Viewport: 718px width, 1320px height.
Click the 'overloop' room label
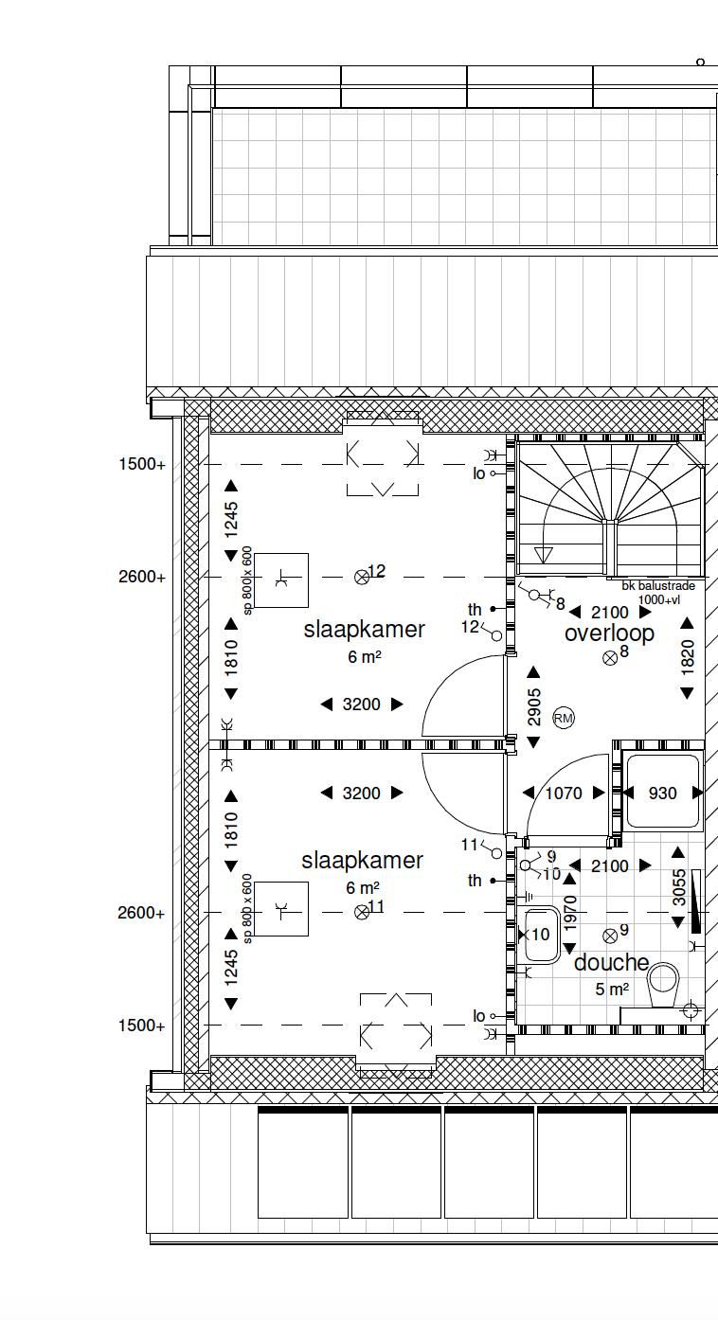[609, 633]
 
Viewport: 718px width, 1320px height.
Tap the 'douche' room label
[611, 962]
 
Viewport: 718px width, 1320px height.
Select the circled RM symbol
[564, 719]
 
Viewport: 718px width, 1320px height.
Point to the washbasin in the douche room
[542, 935]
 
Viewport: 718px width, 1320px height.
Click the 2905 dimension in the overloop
[534, 707]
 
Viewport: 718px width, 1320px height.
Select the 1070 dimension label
[564, 794]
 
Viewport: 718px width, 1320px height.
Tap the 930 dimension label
[663, 794]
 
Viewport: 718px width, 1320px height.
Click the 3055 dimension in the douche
[679, 887]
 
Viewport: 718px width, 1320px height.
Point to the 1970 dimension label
[570, 914]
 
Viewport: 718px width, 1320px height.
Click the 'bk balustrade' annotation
[658, 586]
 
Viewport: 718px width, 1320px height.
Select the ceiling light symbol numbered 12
[361, 578]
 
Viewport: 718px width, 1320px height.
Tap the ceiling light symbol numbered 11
[361, 913]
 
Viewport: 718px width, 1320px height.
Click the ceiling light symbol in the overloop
[609, 658]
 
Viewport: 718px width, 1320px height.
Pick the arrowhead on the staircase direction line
[543, 555]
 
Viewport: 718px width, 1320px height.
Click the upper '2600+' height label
[142, 577]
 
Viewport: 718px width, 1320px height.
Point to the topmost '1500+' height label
[142, 464]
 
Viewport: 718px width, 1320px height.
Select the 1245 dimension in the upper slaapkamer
[232, 520]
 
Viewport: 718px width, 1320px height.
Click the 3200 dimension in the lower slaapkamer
[361, 794]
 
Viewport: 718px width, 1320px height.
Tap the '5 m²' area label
[611, 990]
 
